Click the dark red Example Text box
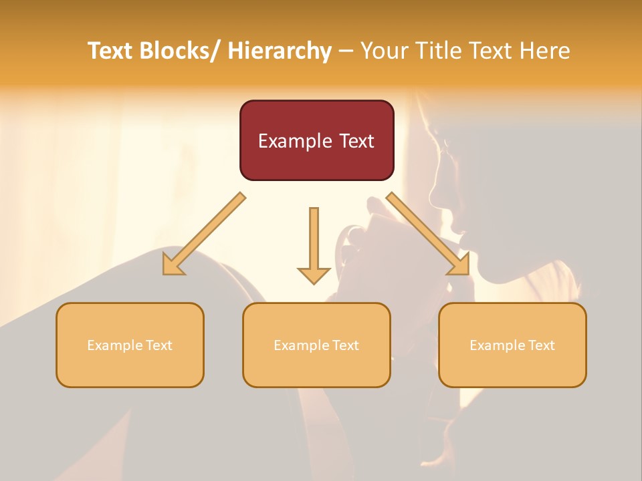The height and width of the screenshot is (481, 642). (x=316, y=140)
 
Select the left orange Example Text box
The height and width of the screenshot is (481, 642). (x=130, y=345)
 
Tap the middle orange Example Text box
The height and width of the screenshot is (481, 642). (x=316, y=345)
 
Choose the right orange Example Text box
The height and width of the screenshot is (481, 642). (x=512, y=345)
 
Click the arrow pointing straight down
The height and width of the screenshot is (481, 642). (x=314, y=244)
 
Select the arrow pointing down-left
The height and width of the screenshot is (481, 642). (x=204, y=234)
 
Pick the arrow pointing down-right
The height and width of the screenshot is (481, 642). (x=428, y=234)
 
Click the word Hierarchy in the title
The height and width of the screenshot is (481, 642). (x=280, y=51)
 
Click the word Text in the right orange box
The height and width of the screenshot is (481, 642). (x=540, y=345)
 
